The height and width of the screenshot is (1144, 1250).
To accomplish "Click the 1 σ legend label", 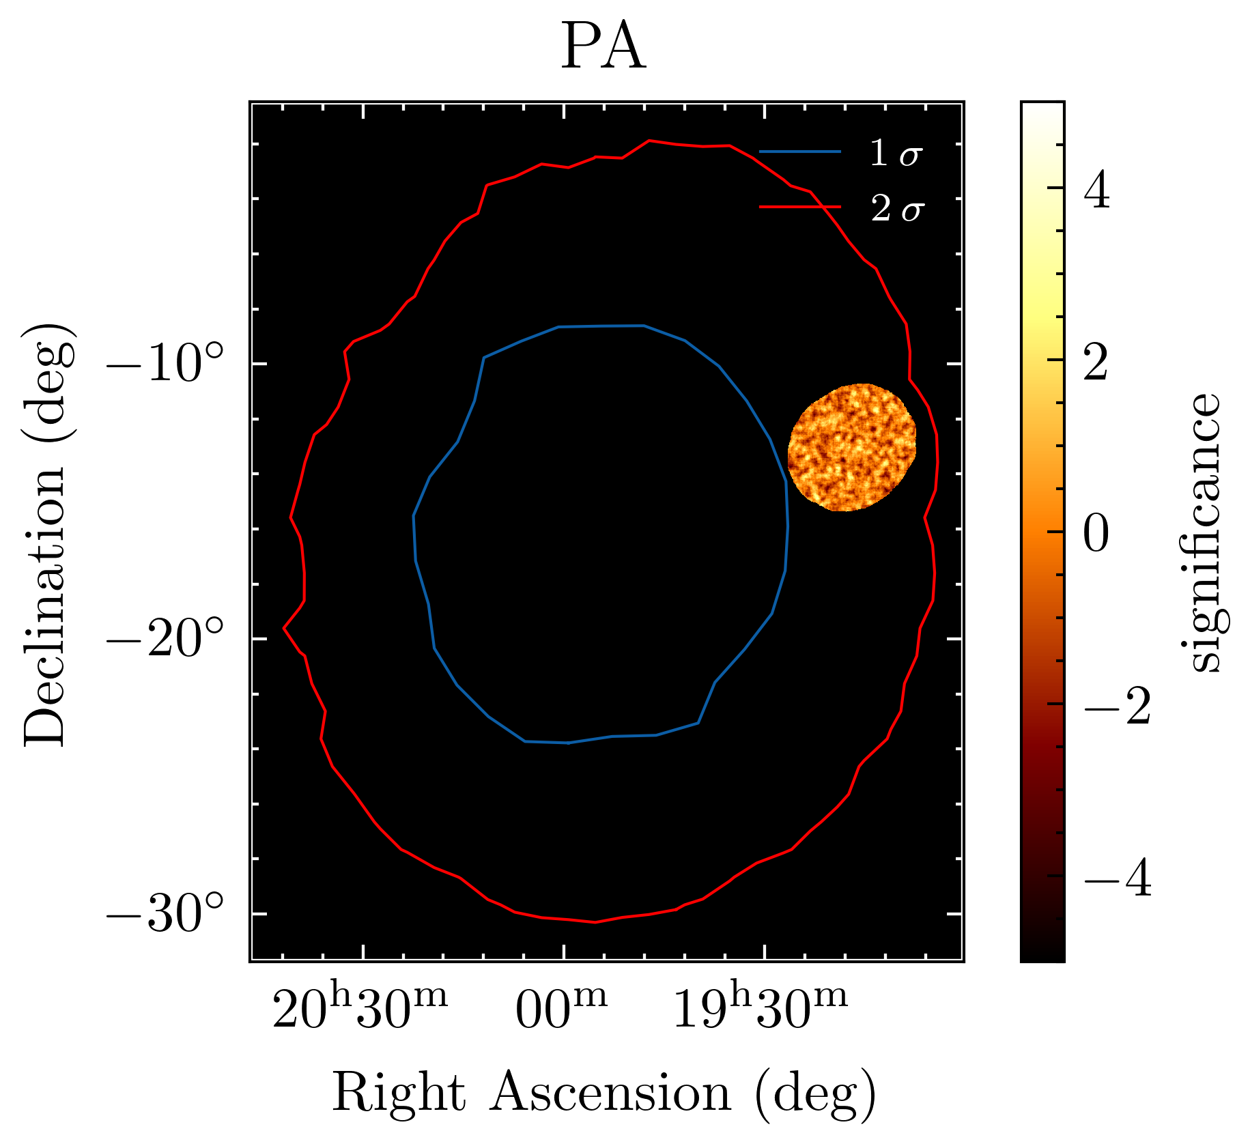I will point(896,154).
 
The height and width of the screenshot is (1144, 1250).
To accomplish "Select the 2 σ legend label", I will point(896,208).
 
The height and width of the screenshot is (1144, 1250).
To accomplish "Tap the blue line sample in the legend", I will point(799,152).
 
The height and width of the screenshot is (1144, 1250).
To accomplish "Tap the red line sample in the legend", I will point(799,205).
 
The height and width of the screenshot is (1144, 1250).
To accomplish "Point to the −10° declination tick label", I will point(165,364).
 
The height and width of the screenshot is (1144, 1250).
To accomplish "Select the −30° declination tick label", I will point(165,914).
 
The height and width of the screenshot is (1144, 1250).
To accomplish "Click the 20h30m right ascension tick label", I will point(360,1007).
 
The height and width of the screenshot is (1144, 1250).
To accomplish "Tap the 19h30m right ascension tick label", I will point(761,1007).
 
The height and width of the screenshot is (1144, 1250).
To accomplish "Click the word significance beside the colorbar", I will point(1203,532).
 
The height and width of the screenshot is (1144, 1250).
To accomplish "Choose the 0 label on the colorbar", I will point(1097,534).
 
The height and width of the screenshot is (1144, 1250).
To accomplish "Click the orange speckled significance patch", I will point(851,448).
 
